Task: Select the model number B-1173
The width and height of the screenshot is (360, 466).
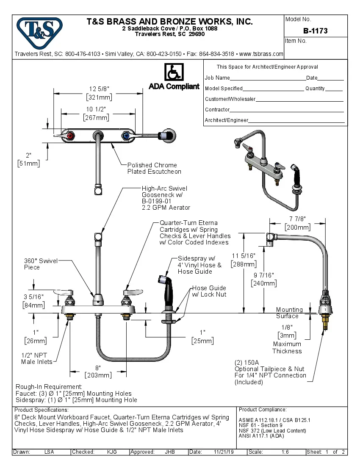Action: [315, 31]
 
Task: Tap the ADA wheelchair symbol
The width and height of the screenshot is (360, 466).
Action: [174, 72]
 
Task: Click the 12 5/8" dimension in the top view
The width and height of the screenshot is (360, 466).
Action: [99, 89]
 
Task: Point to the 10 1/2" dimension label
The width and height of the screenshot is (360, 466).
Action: [96, 109]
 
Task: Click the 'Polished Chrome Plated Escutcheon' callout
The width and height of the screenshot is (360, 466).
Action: [154, 168]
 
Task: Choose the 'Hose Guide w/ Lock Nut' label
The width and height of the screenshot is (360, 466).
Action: [209, 291]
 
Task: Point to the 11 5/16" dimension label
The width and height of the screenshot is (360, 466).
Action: [244, 256]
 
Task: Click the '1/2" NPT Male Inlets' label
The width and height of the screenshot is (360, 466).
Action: [37, 358]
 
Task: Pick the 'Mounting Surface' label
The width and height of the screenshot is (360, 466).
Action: [289, 313]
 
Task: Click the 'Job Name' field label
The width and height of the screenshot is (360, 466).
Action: [217, 78]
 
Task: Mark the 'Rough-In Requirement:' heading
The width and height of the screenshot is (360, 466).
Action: [49, 387]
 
